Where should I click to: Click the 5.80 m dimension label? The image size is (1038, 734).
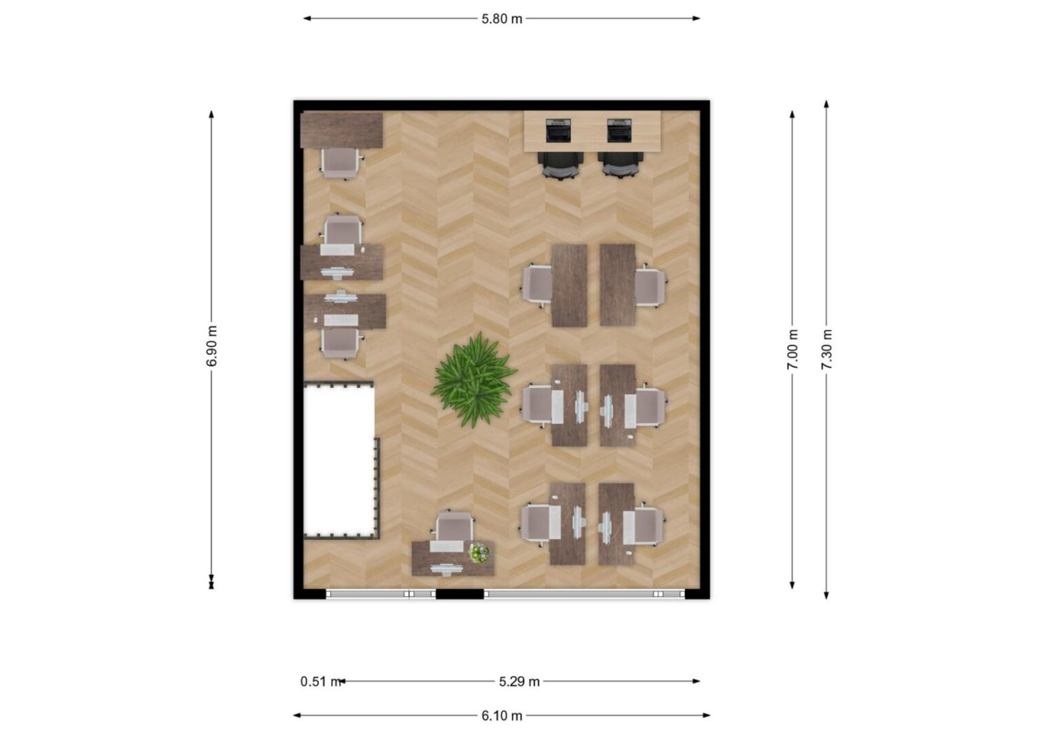pyautogui.click(x=502, y=19)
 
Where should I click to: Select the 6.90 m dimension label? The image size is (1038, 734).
pyautogui.click(x=212, y=346)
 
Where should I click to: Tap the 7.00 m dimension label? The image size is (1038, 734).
pyautogui.click(x=792, y=349)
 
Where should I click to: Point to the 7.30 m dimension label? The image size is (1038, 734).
pyautogui.click(x=827, y=349)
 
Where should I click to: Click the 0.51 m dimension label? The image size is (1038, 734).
pyautogui.click(x=321, y=682)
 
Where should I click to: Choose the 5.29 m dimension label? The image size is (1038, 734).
pyautogui.click(x=519, y=682)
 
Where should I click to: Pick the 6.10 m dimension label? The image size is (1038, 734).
pyautogui.click(x=502, y=716)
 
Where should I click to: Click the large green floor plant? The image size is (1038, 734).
pyautogui.click(x=474, y=380)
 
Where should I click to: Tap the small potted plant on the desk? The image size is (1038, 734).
pyautogui.click(x=479, y=552)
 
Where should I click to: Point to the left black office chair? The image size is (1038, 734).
pyautogui.click(x=560, y=165)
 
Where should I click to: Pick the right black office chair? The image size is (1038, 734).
pyautogui.click(x=620, y=165)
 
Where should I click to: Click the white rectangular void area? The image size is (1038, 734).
pyautogui.click(x=339, y=460)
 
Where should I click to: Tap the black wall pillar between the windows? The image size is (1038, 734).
pyautogui.click(x=459, y=594)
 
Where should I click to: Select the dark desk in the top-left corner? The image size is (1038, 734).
pyautogui.click(x=341, y=130)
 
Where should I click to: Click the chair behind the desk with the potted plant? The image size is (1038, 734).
pyautogui.click(x=454, y=526)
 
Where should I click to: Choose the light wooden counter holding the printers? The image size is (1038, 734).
pyautogui.click(x=592, y=131)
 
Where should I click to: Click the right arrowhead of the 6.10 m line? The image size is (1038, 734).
pyautogui.click(x=706, y=715)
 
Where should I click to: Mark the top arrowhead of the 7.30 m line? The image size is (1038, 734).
pyautogui.click(x=827, y=104)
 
